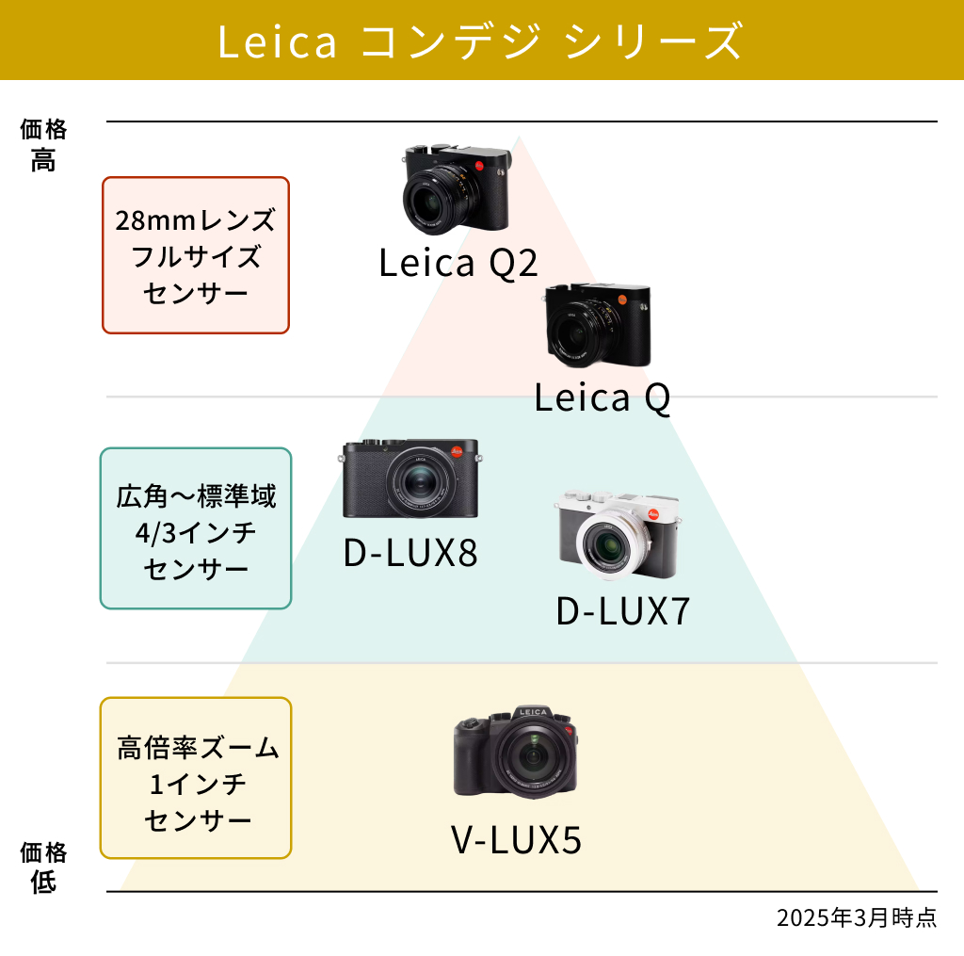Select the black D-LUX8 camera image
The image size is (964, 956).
click(x=410, y=478)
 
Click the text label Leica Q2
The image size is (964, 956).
click(x=458, y=263)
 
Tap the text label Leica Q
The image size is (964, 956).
click(x=602, y=397)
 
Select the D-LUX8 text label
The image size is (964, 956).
click(x=410, y=553)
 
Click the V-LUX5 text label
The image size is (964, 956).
click(x=516, y=840)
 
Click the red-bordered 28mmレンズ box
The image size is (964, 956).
click(x=196, y=255)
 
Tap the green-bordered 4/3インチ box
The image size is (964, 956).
click(x=196, y=528)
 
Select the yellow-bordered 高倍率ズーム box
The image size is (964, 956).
click(x=196, y=778)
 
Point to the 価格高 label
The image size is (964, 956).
click(x=43, y=145)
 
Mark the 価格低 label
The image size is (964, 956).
click(x=43, y=867)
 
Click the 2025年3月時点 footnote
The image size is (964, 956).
click(x=857, y=918)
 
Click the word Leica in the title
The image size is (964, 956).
click(x=277, y=41)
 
